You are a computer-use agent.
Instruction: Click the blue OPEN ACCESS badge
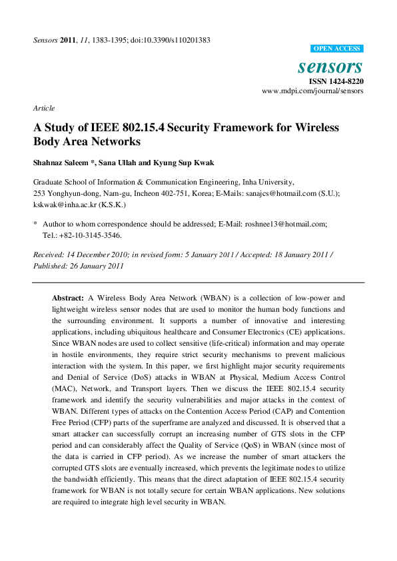(337, 49)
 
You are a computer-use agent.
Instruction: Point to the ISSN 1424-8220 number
(335, 81)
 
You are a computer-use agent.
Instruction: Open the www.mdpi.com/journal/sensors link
(312, 91)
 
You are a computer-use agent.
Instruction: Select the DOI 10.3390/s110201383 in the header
(175, 40)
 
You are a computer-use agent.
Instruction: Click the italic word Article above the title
(44, 108)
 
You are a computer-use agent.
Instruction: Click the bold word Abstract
(68, 298)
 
